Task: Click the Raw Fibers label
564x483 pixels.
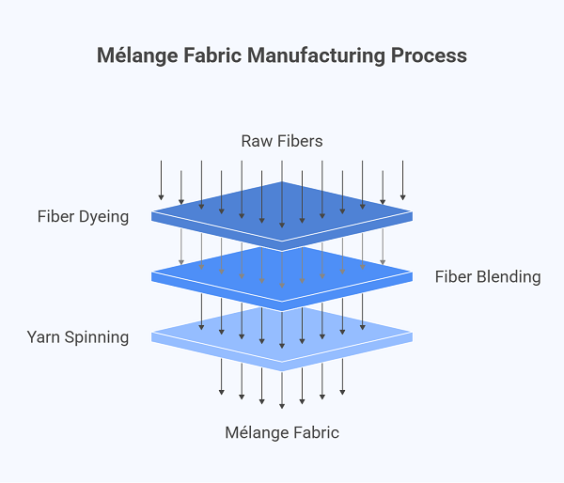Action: click(x=282, y=141)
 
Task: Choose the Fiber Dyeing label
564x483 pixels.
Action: click(x=83, y=217)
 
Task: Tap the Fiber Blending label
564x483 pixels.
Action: click(x=487, y=276)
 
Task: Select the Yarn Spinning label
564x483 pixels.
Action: click(x=78, y=336)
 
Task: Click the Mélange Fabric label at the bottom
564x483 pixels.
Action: click(x=282, y=432)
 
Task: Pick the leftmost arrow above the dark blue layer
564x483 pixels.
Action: click(x=161, y=180)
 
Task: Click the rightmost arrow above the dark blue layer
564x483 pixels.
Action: click(x=403, y=180)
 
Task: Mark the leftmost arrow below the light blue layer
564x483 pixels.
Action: click(x=222, y=376)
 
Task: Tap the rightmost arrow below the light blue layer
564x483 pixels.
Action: click(x=342, y=376)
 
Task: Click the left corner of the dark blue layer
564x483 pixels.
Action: click(x=153, y=214)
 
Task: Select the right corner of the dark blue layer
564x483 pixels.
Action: click(x=412, y=214)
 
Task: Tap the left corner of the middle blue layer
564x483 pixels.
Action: click(x=153, y=274)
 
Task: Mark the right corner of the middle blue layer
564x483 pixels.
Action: click(x=412, y=274)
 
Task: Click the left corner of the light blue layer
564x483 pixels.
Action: click(x=153, y=334)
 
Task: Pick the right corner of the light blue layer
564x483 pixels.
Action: click(x=412, y=334)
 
